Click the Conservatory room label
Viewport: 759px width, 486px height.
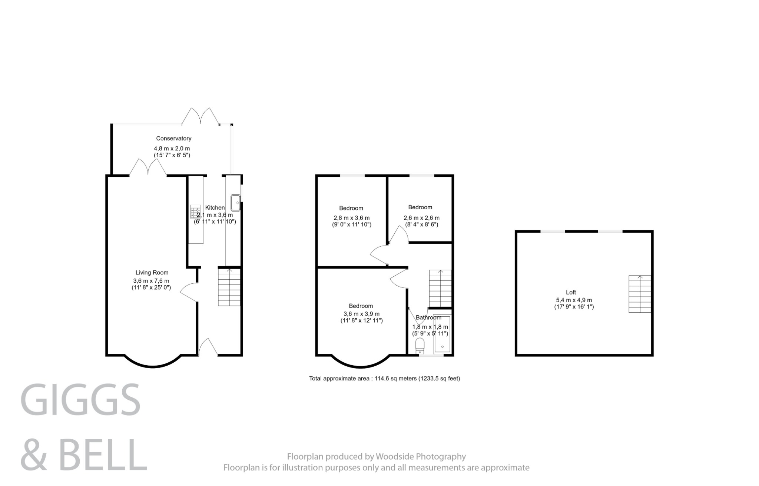[173, 139]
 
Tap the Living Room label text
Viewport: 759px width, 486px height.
[152, 273]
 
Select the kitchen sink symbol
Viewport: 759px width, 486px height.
[235, 203]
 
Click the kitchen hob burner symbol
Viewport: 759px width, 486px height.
[195, 212]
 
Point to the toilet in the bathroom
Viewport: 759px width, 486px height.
[420, 347]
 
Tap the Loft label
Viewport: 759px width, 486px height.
[571, 292]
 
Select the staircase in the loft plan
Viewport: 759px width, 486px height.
[640, 294]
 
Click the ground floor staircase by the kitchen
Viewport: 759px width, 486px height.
[229, 287]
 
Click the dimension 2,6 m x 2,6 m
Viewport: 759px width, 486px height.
[421, 218]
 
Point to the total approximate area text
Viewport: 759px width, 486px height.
[384, 379]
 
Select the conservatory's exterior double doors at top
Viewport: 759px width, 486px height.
[200, 117]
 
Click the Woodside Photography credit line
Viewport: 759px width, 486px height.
[376, 456]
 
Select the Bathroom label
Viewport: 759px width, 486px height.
[428, 317]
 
